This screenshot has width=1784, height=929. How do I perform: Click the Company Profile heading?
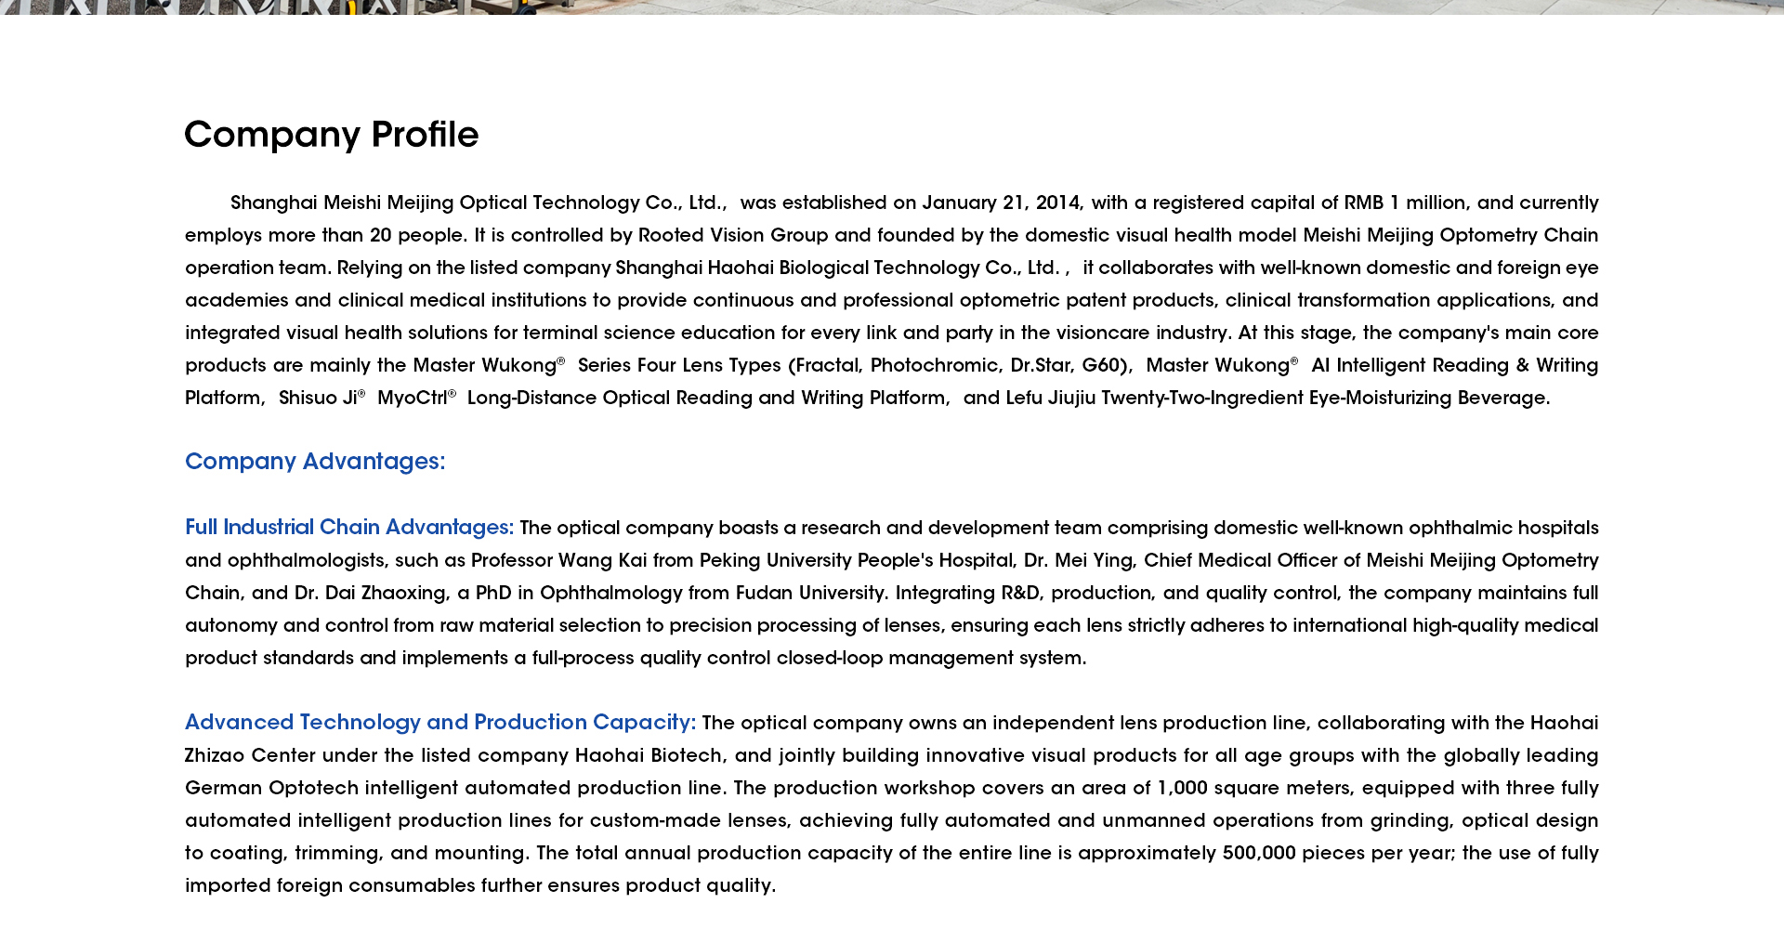(331, 135)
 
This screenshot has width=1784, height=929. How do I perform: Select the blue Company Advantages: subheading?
(315, 461)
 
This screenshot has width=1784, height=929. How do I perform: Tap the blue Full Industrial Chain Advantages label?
(348, 527)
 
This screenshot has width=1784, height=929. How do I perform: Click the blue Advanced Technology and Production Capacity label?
(439, 722)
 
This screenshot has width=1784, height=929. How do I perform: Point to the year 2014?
(1057, 203)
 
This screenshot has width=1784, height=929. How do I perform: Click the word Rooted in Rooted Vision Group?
(673, 235)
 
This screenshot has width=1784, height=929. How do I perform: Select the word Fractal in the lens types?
(828, 365)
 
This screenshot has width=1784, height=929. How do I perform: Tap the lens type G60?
(1102, 365)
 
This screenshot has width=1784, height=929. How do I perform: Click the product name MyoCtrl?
(412, 398)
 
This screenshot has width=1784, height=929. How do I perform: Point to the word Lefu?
(1024, 398)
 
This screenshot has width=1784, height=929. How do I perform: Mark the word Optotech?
(313, 788)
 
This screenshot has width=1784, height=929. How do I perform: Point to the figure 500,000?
(1259, 853)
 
